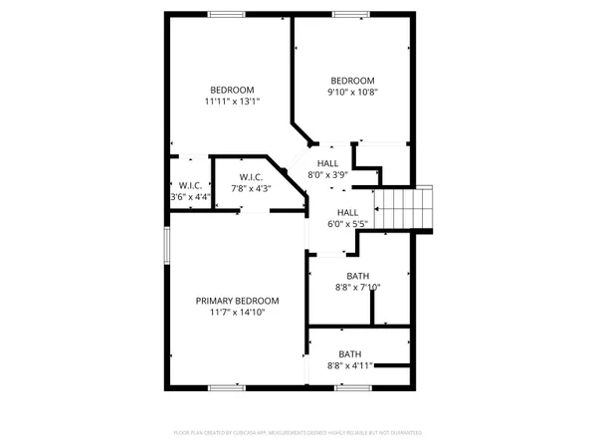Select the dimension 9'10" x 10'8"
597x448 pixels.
[x=352, y=93]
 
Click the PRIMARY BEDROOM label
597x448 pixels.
[x=237, y=301]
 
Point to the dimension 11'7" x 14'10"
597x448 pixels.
[x=237, y=313]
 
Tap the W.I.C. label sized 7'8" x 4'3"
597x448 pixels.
[x=251, y=177]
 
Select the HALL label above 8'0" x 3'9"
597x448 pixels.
[x=328, y=163]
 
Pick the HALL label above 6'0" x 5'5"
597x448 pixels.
[x=347, y=212]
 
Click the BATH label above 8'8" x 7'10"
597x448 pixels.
[x=358, y=277]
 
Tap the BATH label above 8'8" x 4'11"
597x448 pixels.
[x=350, y=354]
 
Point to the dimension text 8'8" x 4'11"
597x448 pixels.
[x=350, y=366]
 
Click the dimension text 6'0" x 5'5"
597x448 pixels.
[x=348, y=224]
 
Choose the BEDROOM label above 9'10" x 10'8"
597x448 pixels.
[x=352, y=81]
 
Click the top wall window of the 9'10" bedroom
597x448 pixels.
[x=348, y=14]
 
